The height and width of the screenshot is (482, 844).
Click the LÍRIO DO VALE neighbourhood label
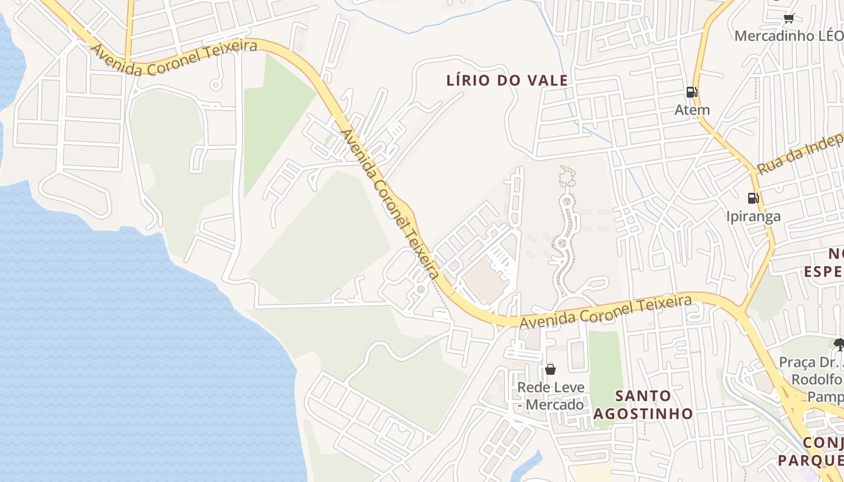pos(507,80)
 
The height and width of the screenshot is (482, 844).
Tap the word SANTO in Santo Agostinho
pos(643,396)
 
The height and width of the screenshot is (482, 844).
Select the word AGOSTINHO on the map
pos(643,413)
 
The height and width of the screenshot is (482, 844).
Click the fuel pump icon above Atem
pos(691,92)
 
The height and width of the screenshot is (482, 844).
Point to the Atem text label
pos(691,110)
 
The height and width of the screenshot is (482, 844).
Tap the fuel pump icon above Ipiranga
pos(753,198)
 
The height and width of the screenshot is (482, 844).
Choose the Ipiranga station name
pos(753,216)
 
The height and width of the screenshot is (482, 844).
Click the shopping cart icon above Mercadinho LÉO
pos(789,18)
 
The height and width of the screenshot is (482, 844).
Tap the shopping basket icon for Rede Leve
pos(550,369)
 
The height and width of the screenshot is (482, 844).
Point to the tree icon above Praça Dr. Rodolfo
pos(839,345)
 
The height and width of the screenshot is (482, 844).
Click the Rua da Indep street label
pos(799,156)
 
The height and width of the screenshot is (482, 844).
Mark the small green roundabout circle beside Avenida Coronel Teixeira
pos(421,290)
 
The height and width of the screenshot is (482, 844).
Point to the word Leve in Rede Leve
pos(570,387)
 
